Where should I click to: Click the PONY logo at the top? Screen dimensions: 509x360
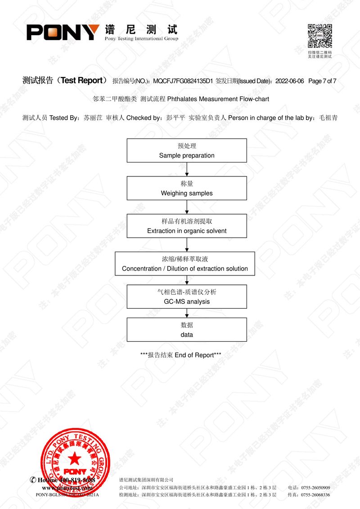(63, 32)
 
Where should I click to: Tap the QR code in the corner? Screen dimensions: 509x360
(320, 36)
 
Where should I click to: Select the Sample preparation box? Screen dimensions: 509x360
(187, 150)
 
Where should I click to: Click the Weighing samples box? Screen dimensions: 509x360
(187, 188)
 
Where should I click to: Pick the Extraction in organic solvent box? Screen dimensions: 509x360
(187, 226)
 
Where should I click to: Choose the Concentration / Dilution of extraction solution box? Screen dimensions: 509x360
(185, 264)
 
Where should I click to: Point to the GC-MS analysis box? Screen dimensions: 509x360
(187, 297)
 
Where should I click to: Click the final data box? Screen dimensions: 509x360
(187, 330)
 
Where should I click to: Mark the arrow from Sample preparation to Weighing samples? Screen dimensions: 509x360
(187, 169)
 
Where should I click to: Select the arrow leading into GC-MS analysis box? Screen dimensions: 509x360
(187, 280)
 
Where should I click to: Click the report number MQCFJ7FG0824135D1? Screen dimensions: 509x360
(183, 81)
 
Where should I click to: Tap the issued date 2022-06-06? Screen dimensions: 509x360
(289, 81)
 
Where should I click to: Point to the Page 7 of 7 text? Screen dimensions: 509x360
(323, 81)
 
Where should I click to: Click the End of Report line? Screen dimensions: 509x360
(181, 355)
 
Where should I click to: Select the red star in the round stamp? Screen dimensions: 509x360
(75, 458)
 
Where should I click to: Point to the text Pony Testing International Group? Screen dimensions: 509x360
(141, 39)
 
